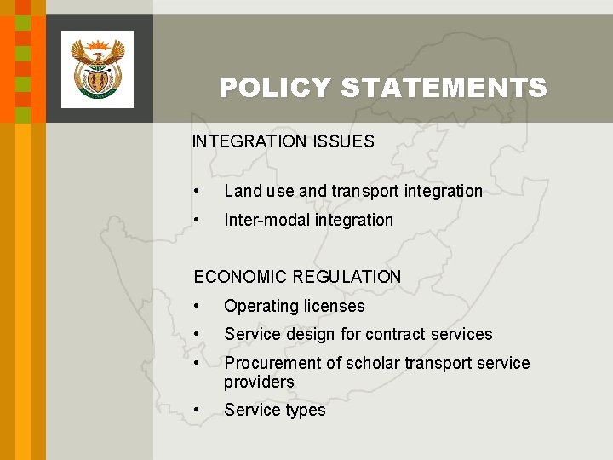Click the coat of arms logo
[x=97, y=69]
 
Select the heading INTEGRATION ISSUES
[x=283, y=141]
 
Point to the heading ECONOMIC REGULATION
[x=297, y=277]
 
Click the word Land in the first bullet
[x=241, y=191]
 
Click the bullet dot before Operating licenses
[x=197, y=307]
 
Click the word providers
[x=259, y=382]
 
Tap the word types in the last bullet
[x=306, y=411]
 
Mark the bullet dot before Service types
[x=197, y=411]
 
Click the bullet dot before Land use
[x=197, y=192]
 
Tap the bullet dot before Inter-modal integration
[x=197, y=221]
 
